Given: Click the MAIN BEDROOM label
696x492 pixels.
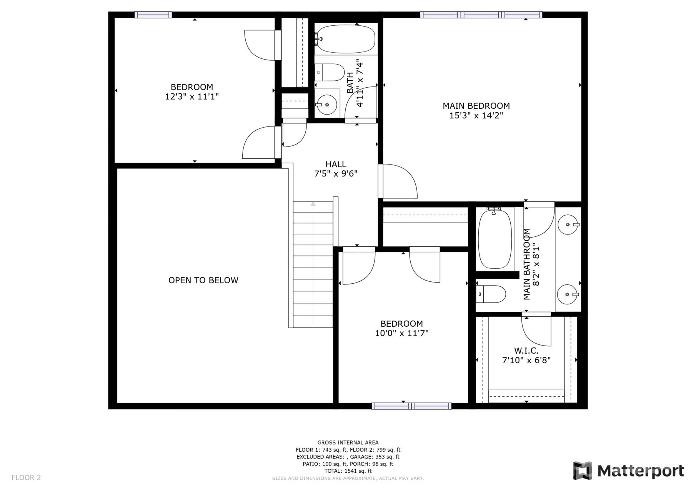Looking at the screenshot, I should [x=476, y=106].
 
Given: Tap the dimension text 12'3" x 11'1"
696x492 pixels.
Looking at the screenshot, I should [x=192, y=97].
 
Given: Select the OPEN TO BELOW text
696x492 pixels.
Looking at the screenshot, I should [x=203, y=280].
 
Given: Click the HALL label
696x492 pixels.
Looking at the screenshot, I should [x=336, y=165].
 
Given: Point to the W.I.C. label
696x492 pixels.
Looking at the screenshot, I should [x=526, y=351].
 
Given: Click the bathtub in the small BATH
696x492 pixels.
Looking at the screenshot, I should [x=346, y=38].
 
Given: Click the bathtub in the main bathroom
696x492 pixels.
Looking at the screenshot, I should [x=495, y=239].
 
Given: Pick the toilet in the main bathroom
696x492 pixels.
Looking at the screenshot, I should [x=491, y=294].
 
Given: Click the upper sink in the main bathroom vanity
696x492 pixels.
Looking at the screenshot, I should [x=568, y=224].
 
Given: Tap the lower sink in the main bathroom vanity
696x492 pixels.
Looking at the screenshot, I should [x=568, y=294].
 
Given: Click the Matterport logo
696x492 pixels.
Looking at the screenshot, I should [x=629, y=470].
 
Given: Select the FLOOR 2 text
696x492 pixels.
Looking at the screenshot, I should [x=26, y=478].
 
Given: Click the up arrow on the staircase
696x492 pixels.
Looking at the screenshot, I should [x=313, y=204].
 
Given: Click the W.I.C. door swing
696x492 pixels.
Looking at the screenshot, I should [x=536, y=331].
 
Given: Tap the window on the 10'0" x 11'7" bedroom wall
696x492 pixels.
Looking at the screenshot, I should [x=411, y=406].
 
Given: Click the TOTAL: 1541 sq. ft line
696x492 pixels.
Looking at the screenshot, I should [x=348, y=471].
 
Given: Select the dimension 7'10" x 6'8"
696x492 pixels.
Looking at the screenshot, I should [x=526, y=361].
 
